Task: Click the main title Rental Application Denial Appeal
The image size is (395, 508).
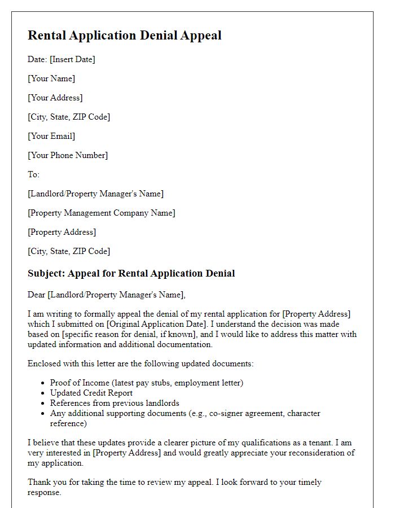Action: [x=124, y=36]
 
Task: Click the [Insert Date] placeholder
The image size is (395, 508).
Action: [x=72, y=59]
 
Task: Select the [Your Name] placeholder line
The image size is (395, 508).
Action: [x=51, y=78]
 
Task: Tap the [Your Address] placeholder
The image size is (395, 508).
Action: [x=55, y=98]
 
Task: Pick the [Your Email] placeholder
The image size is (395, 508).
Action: [x=51, y=136]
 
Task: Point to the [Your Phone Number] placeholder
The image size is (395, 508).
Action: [x=68, y=155]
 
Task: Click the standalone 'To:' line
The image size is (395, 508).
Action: [x=34, y=174]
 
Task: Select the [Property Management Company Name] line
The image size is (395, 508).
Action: [x=102, y=213]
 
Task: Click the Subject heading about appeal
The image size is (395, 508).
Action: [x=131, y=274]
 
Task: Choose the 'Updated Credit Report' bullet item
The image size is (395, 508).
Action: [x=91, y=393]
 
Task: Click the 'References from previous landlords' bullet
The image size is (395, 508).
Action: [x=115, y=403]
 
